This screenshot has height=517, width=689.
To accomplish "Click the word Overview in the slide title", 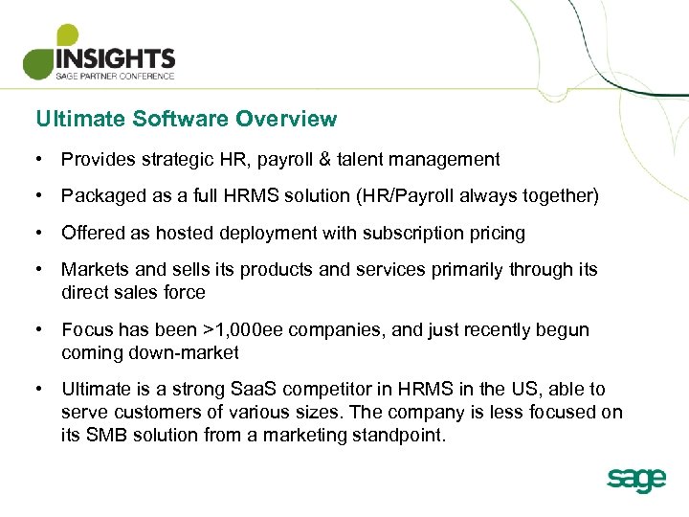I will (286, 120).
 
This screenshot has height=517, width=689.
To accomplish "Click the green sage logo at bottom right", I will (635, 479).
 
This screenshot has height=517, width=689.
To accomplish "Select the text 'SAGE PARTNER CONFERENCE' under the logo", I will (115, 77).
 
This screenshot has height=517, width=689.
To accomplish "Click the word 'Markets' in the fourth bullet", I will (92, 270).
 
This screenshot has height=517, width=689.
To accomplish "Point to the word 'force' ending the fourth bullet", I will (185, 292).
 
